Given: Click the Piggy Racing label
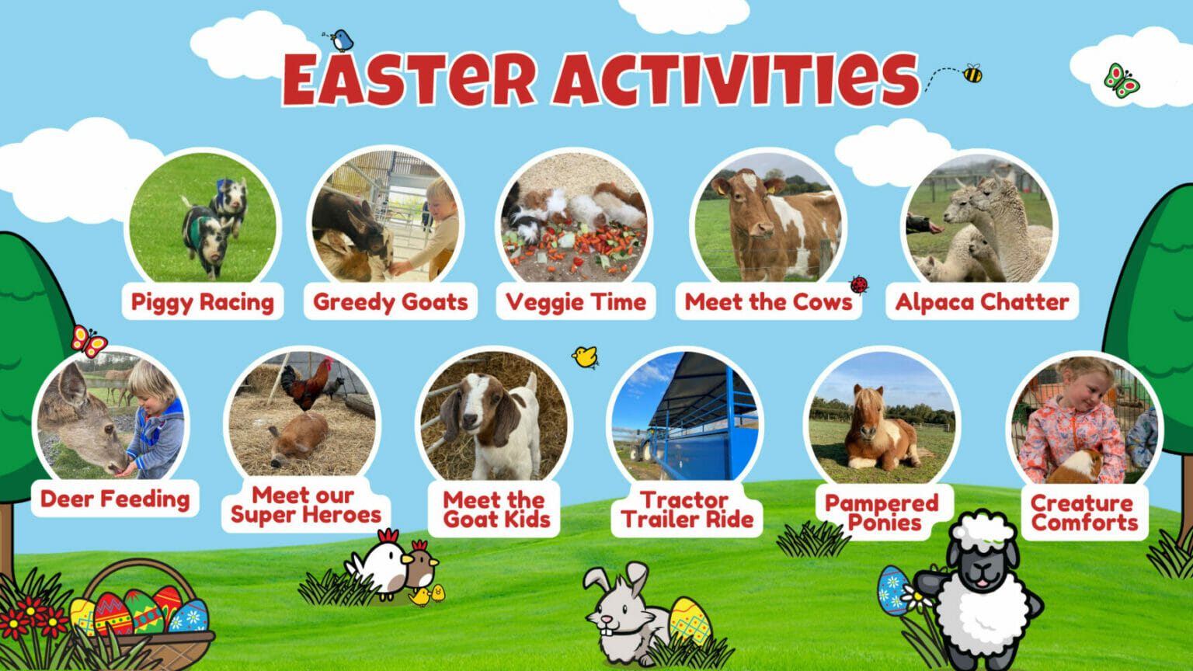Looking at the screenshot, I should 202,302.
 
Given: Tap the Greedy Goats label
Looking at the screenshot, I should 390,302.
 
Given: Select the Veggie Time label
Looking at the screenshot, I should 576,302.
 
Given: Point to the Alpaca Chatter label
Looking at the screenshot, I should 982,302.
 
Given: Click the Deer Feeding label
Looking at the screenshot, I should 115,499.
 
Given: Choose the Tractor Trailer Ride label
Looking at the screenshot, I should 687,509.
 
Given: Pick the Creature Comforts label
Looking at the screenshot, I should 1084,513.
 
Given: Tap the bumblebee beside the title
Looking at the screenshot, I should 972,74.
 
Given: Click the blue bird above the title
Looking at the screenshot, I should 341,40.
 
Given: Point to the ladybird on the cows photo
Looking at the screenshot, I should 858,284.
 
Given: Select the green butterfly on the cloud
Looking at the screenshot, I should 1121,80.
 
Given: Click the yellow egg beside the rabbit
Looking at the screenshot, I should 689,621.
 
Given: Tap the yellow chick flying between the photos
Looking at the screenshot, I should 585,356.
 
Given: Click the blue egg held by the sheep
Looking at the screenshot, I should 892,591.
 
